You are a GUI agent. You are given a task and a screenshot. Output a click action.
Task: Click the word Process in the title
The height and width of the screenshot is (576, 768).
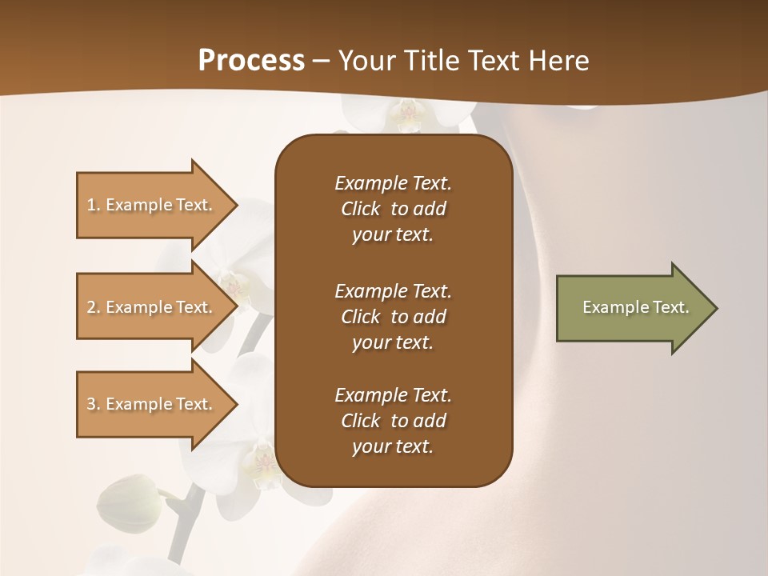click(251, 61)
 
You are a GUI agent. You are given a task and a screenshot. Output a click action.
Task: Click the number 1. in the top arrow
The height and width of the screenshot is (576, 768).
click(94, 205)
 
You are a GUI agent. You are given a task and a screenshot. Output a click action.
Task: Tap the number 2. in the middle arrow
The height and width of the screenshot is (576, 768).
click(94, 307)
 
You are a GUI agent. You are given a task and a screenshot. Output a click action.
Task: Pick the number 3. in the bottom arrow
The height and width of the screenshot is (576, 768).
click(94, 404)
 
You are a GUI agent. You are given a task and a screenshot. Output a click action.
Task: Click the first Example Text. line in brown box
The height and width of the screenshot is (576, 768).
click(393, 183)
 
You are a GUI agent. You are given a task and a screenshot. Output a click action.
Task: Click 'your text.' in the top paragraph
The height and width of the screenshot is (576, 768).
click(393, 235)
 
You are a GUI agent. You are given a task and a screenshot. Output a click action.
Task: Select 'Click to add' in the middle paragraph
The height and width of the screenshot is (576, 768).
click(393, 317)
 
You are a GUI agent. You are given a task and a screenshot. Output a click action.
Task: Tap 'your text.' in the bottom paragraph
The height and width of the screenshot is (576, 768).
click(393, 447)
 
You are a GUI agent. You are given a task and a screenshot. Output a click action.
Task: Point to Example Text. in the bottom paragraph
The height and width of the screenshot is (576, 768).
click(393, 395)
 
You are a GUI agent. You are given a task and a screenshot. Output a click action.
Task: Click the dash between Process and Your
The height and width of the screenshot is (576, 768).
click(321, 61)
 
